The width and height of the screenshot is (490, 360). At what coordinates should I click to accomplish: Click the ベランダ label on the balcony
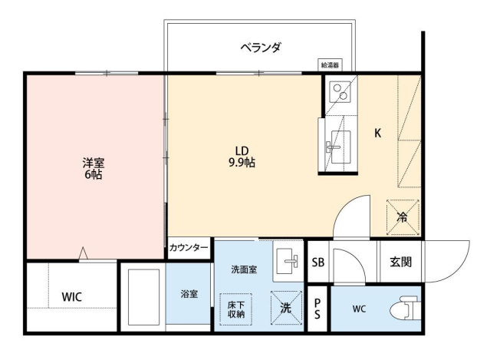(260, 48)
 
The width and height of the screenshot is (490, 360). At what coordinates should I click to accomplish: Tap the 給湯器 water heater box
(331, 66)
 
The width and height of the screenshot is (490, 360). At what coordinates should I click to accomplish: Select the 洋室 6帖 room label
(93, 169)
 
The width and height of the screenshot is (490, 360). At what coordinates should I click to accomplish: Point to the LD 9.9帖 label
(241, 156)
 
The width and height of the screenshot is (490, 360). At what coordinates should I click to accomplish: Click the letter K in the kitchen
(377, 133)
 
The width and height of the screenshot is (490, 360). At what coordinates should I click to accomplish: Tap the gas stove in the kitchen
(339, 92)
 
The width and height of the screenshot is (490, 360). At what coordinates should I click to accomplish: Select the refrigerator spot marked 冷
(403, 216)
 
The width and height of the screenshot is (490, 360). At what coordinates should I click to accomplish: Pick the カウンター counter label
(189, 248)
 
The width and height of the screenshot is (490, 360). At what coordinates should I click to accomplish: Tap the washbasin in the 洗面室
(287, 261)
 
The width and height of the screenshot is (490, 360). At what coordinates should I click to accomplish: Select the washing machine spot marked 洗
(286, 309)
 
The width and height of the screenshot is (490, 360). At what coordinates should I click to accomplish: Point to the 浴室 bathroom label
(189, 295)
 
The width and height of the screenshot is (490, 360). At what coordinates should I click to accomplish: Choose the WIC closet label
(72, 297)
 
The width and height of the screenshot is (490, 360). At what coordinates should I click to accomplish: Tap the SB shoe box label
(317, 262)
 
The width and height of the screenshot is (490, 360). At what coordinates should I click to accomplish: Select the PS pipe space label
(317, 309)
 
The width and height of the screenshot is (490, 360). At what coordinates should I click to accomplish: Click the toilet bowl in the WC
(401, 309)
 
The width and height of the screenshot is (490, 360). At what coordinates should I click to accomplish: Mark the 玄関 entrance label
(400, 262)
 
